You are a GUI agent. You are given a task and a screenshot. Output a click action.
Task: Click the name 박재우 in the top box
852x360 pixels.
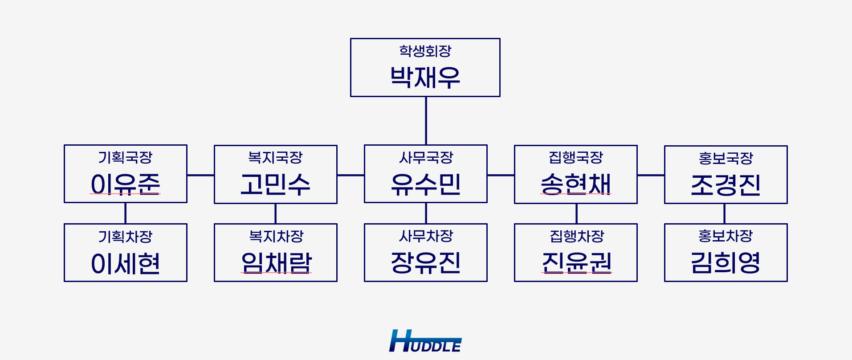pos(425,77)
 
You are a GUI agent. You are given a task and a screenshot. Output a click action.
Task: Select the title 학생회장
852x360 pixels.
pos(425,51)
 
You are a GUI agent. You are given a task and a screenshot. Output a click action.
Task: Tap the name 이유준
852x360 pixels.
pos(125,184)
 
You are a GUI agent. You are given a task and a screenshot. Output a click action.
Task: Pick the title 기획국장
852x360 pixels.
pos(125,157)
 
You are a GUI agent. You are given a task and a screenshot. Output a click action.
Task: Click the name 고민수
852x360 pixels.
pos(275,184)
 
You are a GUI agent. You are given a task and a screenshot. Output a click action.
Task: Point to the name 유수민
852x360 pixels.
pos(426,184)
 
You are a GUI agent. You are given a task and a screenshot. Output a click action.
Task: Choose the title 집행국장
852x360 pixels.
pos(576,157)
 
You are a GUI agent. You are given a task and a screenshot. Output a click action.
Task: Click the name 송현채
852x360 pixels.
pos(576,184)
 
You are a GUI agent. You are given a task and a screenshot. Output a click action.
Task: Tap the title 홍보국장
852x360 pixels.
pos(726,158)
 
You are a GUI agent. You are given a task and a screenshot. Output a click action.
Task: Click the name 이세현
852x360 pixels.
pos(125,263)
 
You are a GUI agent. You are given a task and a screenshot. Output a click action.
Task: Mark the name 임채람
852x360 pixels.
pos(276,262)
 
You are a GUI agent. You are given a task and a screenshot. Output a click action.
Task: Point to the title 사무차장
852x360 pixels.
pos(426,236)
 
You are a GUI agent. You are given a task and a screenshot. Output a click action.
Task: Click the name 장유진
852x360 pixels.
pos(426,262)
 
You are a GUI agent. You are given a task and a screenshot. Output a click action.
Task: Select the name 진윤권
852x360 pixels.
pos(577,262)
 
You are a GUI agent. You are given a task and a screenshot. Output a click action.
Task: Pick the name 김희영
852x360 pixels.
pos(726,262)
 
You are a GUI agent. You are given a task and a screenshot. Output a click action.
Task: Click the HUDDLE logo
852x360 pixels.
pos(425,341)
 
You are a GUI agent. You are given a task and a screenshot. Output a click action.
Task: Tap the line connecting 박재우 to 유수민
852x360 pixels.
pos(426,121)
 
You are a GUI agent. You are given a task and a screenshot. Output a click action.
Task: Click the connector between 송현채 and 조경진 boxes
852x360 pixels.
pos(651,175)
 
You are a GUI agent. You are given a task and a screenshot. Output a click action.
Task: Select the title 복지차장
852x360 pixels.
pos(276,236)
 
